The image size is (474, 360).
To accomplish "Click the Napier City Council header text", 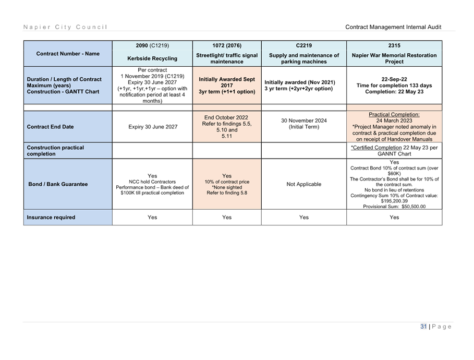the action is (65, 27).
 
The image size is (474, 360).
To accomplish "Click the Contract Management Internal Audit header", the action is (393, 27).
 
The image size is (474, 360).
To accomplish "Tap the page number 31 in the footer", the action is (423, 327).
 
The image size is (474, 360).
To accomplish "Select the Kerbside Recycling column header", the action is (152, 58).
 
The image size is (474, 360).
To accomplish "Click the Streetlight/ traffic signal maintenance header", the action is (227, 58).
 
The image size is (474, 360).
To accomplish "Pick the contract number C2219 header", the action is (304, 45).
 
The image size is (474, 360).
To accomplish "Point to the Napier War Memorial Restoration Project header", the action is (394, 58).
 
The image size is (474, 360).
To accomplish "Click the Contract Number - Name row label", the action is (68, 54).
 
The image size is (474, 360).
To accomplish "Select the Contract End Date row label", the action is (50, 127).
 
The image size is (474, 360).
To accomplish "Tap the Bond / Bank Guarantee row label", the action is (58, 184).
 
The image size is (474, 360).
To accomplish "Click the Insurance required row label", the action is (51, 217).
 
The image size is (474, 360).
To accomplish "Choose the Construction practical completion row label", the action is (55, 151).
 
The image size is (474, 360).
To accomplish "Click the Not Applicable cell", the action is (304, 184).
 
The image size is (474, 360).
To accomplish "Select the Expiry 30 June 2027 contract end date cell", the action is (153, 127).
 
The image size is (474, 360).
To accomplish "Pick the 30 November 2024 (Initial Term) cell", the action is (304, 124).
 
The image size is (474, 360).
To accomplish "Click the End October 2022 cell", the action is (226, 117).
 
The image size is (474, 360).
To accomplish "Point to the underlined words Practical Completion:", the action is (394, 115).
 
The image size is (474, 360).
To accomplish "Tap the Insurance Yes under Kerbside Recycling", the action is (152, 217).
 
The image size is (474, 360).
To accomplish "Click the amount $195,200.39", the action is (394, 201).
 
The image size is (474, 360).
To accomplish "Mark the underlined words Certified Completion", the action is (376, 148).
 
